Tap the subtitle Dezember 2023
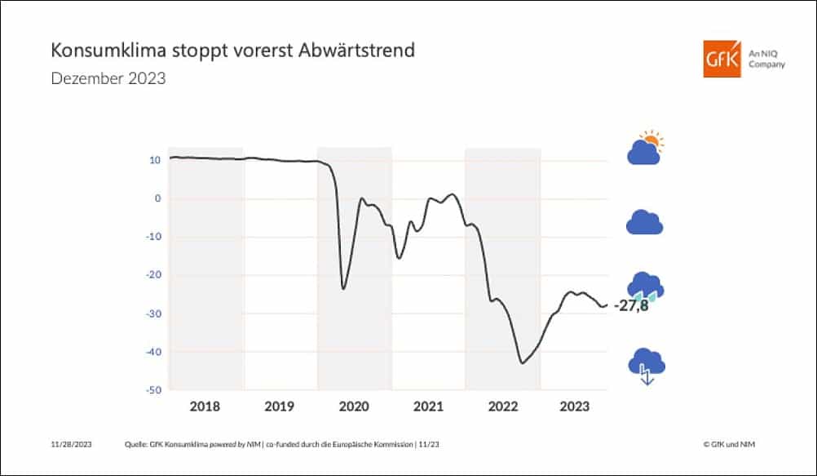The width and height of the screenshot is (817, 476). [108, 79]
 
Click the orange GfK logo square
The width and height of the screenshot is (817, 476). [722, 58]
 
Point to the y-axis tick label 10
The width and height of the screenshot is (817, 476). [155, 160]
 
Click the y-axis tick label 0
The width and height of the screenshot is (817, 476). [158, 198]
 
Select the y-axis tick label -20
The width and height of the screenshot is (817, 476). [153, 275]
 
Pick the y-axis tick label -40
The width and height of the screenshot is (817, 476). [153, 352]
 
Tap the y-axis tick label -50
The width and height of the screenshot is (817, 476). [153, 390]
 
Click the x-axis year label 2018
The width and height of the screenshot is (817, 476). [205, 406]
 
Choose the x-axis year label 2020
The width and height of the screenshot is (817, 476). [354, 406]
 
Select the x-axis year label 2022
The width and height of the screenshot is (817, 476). [502, 406]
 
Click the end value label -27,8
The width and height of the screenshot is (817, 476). [630, 307]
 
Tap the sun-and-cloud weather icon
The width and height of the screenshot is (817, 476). [645, 148]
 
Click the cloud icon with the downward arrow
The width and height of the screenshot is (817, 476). [646, 365]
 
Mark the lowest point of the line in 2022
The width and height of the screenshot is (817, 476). [523, 363]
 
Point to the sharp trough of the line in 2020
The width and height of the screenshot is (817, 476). [343, 288]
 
